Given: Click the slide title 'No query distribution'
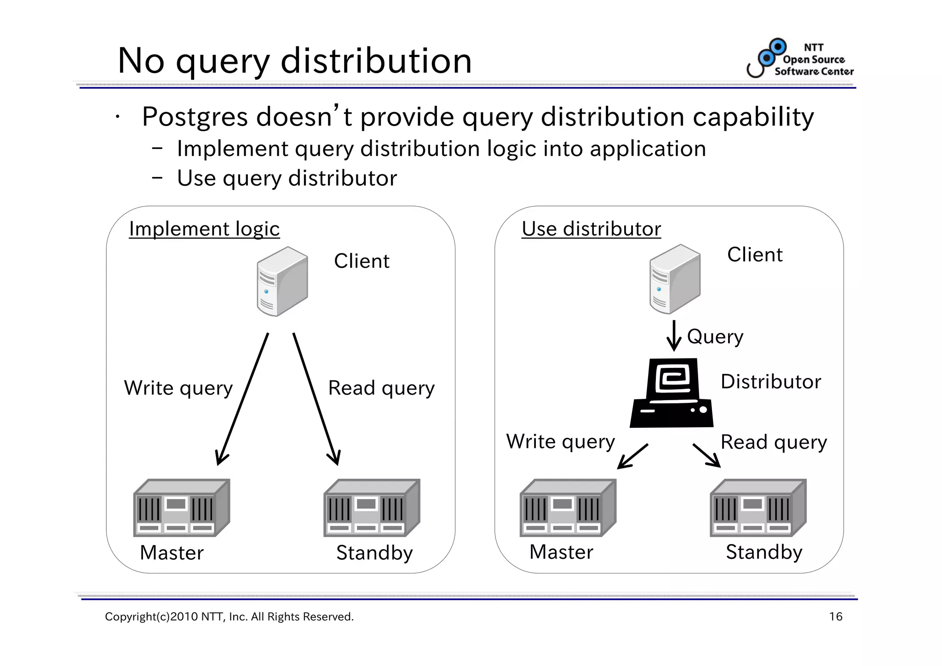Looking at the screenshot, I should tap(294, 61).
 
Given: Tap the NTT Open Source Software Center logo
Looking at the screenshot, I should tap(800, 59).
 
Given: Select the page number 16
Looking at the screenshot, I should tap(835, 616).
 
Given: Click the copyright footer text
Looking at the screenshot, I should tap(229, 616).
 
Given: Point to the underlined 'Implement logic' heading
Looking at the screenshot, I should tap(204, 229).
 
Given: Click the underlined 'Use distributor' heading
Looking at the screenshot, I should tap(591, 229).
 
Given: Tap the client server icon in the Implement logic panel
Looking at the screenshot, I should tap(282, 281).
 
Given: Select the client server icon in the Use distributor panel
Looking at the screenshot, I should tap(675, 279).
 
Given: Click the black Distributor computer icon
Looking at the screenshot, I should tap(672, 393).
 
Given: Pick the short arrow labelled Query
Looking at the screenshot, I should tap(674, 336).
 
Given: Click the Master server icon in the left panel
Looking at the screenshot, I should tap(181, 508).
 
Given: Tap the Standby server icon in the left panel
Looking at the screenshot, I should tap(372, 508).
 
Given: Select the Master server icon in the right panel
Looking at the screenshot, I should tap(568, 508).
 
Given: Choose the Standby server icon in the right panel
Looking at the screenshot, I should tap(758, 508).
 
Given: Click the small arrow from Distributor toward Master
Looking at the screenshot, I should tap(632, 456).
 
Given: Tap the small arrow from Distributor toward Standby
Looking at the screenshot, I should tap(707, 455).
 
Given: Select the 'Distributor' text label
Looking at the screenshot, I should tap(770, 382).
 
